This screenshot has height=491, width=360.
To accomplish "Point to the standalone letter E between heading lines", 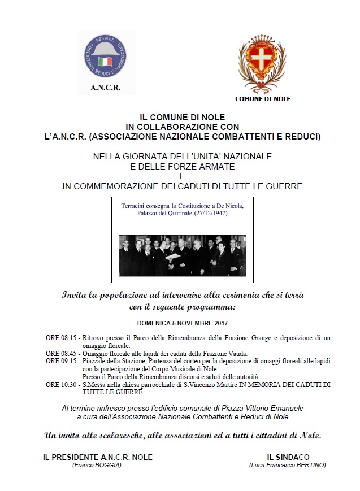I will (x=182, y=176).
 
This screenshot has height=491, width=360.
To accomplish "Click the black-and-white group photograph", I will (x=182, y=255).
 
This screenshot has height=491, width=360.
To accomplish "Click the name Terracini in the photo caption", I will (x=136, y=206).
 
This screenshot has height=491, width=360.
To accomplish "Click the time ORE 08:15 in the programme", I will (x=61, y=338).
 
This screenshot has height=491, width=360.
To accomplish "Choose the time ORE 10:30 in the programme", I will (x=61, y=384).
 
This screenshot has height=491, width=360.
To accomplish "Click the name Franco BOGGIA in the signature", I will (x=97, y=465).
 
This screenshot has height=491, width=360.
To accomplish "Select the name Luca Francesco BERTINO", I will (x=287, y=465).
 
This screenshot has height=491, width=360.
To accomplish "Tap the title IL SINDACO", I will (x=288, y=457).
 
